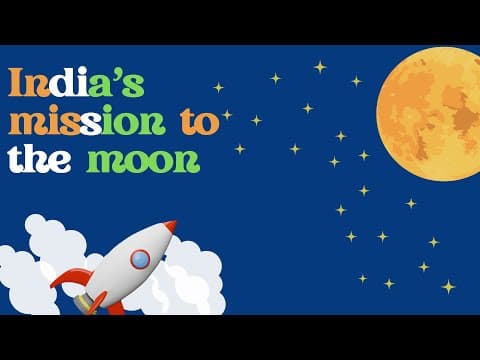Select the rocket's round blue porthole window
tap(140, 259)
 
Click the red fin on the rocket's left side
tap(71, 277)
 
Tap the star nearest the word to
tap(226, 114)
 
